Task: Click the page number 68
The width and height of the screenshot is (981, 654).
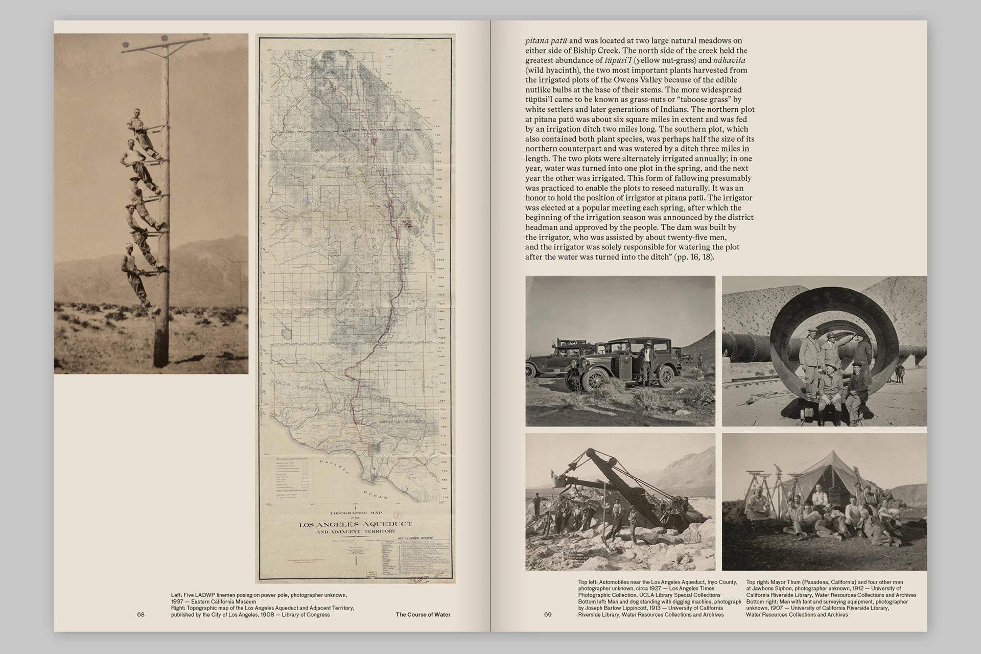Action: click(141, 615)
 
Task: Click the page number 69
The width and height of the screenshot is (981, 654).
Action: click(548, 615)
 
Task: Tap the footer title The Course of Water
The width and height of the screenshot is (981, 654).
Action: click(423, 615)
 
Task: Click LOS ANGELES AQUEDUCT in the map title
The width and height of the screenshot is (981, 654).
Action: click(355, 524)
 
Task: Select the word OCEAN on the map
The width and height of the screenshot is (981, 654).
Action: click(375, 493)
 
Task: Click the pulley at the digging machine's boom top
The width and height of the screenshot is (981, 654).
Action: click(591, 454)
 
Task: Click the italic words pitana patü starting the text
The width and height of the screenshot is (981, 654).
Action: click(547, 41)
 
